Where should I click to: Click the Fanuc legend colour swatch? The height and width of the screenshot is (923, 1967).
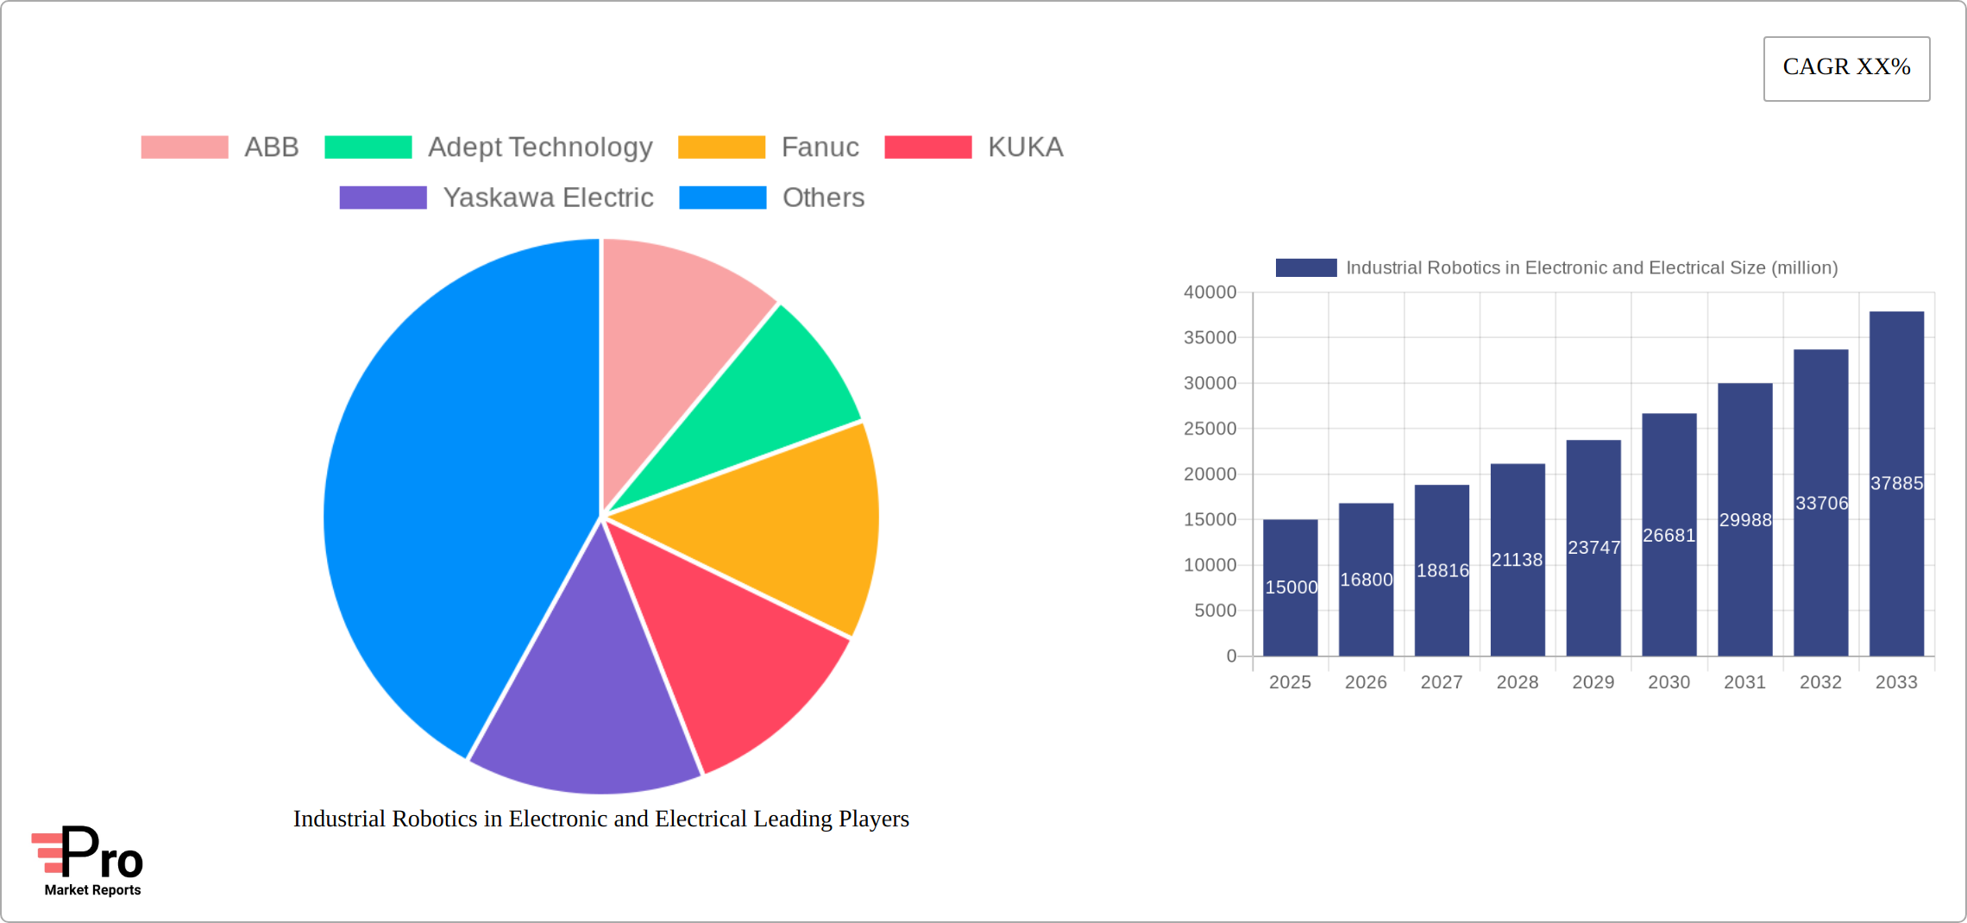[721, 148]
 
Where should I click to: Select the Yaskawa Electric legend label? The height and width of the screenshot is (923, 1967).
[548, 198]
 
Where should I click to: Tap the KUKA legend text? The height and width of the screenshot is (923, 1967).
[1025, 148]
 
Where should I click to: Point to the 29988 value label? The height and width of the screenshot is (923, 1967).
[1745, 520]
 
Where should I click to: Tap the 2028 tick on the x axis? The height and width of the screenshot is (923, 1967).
[1518, 682]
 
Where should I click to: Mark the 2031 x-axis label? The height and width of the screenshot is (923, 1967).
[1744, 682]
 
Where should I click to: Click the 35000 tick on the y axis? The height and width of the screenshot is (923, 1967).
[1210, 338]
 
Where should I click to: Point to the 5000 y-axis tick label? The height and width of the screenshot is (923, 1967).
[1215, 611]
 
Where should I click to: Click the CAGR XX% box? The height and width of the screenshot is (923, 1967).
[1846, 68]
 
